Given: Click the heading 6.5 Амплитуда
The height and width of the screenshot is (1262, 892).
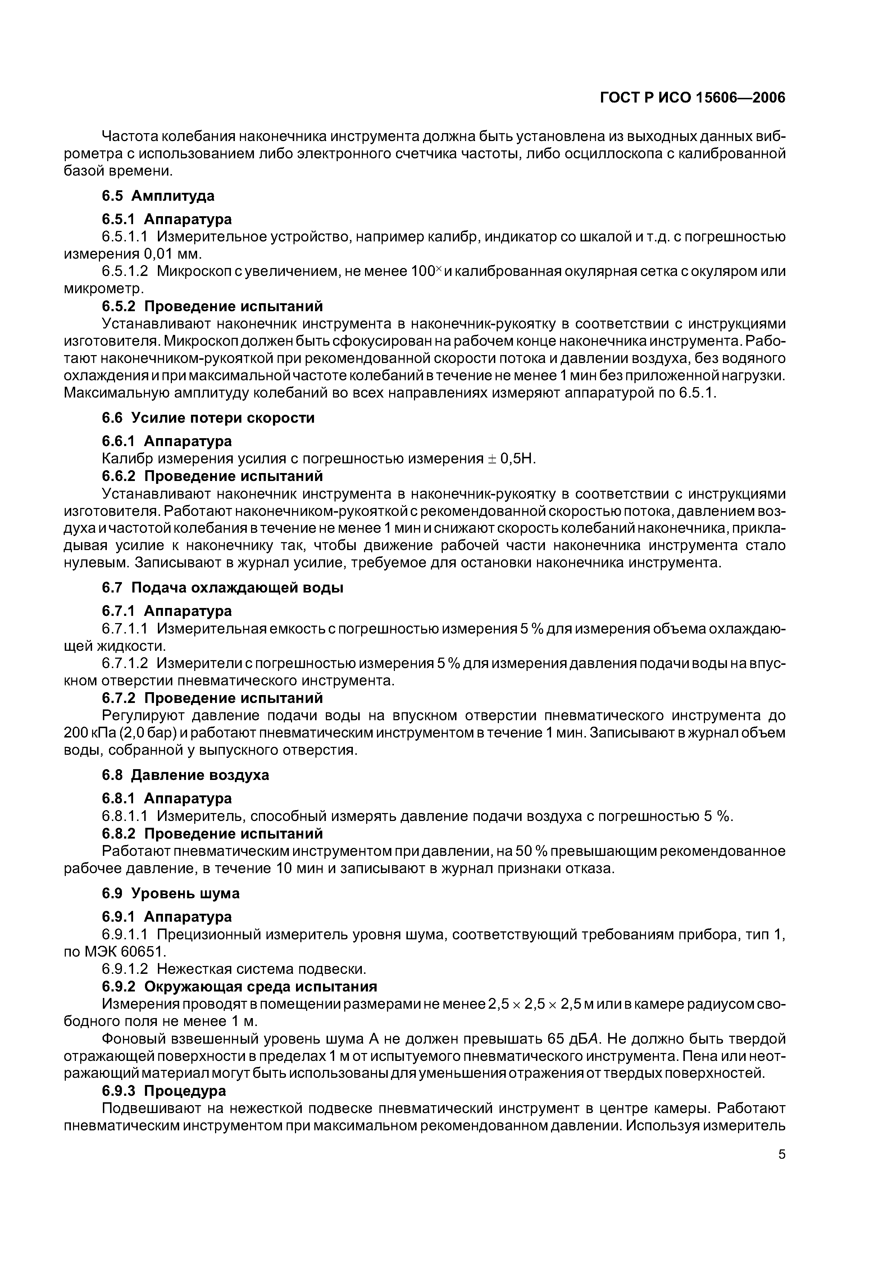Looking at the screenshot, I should click(158, 196).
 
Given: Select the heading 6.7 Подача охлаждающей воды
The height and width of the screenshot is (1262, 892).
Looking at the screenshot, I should click(223, 587).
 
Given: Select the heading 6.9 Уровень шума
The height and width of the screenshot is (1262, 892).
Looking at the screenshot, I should click(171, 893).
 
